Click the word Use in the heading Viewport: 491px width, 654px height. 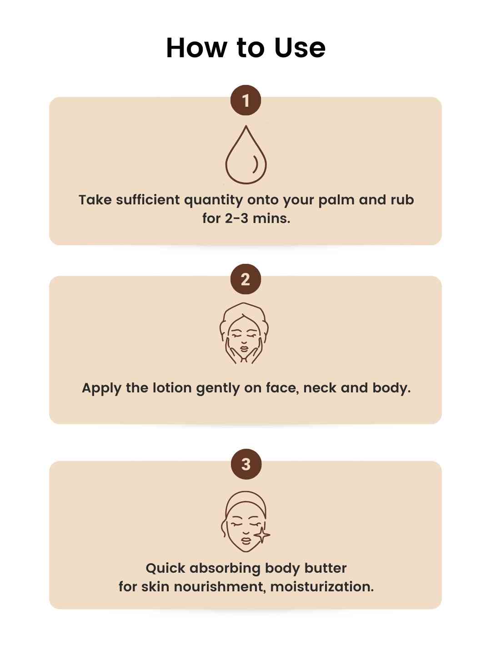[x=300, y=48]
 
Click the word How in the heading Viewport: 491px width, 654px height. [x=195, y=48]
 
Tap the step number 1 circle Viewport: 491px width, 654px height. [x=245, y=100]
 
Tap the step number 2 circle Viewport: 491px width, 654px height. [x=245, y=279]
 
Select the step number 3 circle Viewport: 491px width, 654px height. [x=246, y=464]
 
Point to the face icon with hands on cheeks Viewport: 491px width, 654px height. [x=244, y=333]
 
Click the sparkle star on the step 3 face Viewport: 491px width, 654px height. [x=262, y=535]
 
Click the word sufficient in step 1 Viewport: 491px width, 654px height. [x=148, y=200]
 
